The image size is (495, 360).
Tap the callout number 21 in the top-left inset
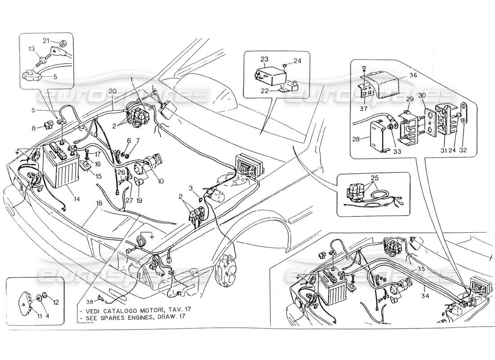pos(45,40)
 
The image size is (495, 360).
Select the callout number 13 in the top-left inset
pos(32,49)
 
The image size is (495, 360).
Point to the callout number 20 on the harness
pos(112,91)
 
